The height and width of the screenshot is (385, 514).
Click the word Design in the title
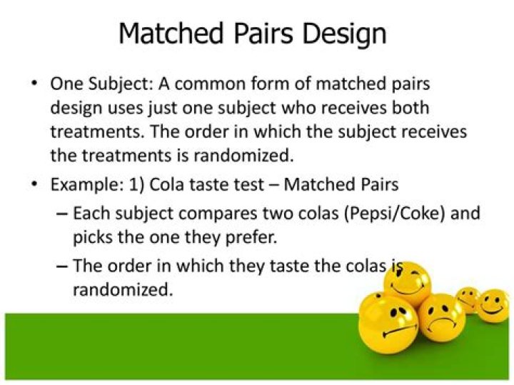coord(346,33)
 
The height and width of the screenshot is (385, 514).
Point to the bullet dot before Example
coord(34,184)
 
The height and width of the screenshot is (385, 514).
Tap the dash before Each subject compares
coord(61,214)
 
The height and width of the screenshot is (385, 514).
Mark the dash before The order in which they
coord(61,266)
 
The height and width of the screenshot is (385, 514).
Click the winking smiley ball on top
coord(408,283)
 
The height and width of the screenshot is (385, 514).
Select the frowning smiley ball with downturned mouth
coord(441,317)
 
